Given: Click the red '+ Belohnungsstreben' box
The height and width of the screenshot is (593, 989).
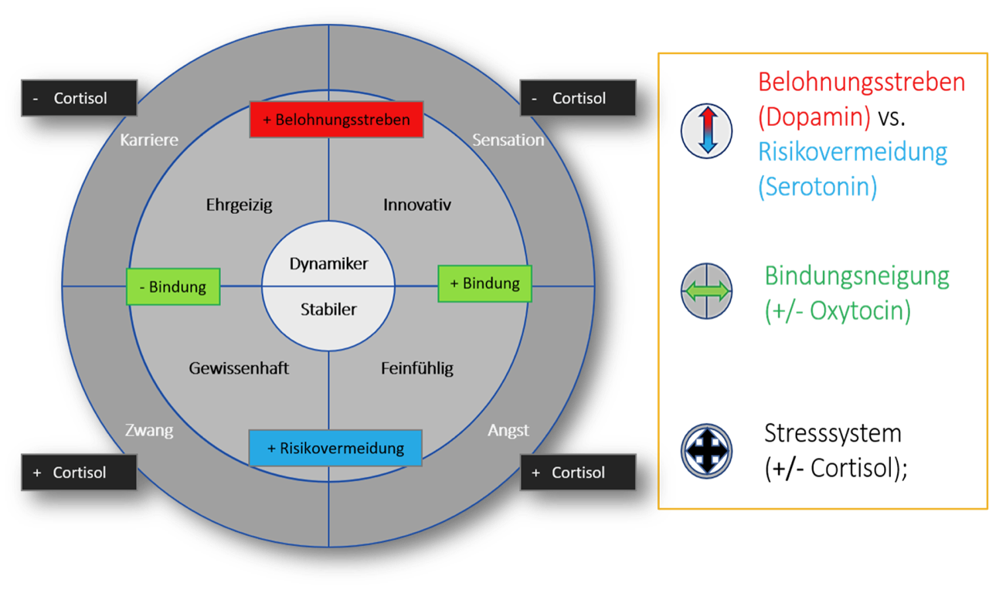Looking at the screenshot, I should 336,120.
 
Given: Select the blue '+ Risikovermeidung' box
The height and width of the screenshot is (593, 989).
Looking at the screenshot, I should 335,448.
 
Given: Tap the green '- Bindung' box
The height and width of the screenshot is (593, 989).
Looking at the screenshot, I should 173,286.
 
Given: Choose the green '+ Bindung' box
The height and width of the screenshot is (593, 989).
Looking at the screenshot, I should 484,283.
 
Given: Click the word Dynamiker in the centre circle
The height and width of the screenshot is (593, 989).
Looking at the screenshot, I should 328,263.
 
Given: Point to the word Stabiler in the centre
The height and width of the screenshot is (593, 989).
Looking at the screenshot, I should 328,309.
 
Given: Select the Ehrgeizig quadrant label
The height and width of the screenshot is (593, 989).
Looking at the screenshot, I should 240,205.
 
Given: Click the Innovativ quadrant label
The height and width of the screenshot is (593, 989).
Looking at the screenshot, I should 417,205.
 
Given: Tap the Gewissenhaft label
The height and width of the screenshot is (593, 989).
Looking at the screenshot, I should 239,368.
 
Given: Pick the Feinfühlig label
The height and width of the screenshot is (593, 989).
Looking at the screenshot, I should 417,368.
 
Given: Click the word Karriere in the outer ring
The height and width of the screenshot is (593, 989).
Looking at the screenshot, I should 149,140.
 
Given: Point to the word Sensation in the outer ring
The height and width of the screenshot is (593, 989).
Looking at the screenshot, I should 508,140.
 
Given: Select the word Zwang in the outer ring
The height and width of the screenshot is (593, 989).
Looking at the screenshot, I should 149,430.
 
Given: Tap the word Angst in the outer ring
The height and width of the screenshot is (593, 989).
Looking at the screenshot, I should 508,430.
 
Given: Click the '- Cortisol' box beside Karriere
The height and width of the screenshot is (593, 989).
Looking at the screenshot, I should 79,98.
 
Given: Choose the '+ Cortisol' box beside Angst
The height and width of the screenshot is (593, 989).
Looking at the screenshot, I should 578,472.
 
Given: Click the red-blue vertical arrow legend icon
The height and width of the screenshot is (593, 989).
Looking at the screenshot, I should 706,131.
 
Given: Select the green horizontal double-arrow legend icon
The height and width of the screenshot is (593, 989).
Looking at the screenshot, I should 706,290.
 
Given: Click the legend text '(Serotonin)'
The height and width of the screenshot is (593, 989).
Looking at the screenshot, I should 817,187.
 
